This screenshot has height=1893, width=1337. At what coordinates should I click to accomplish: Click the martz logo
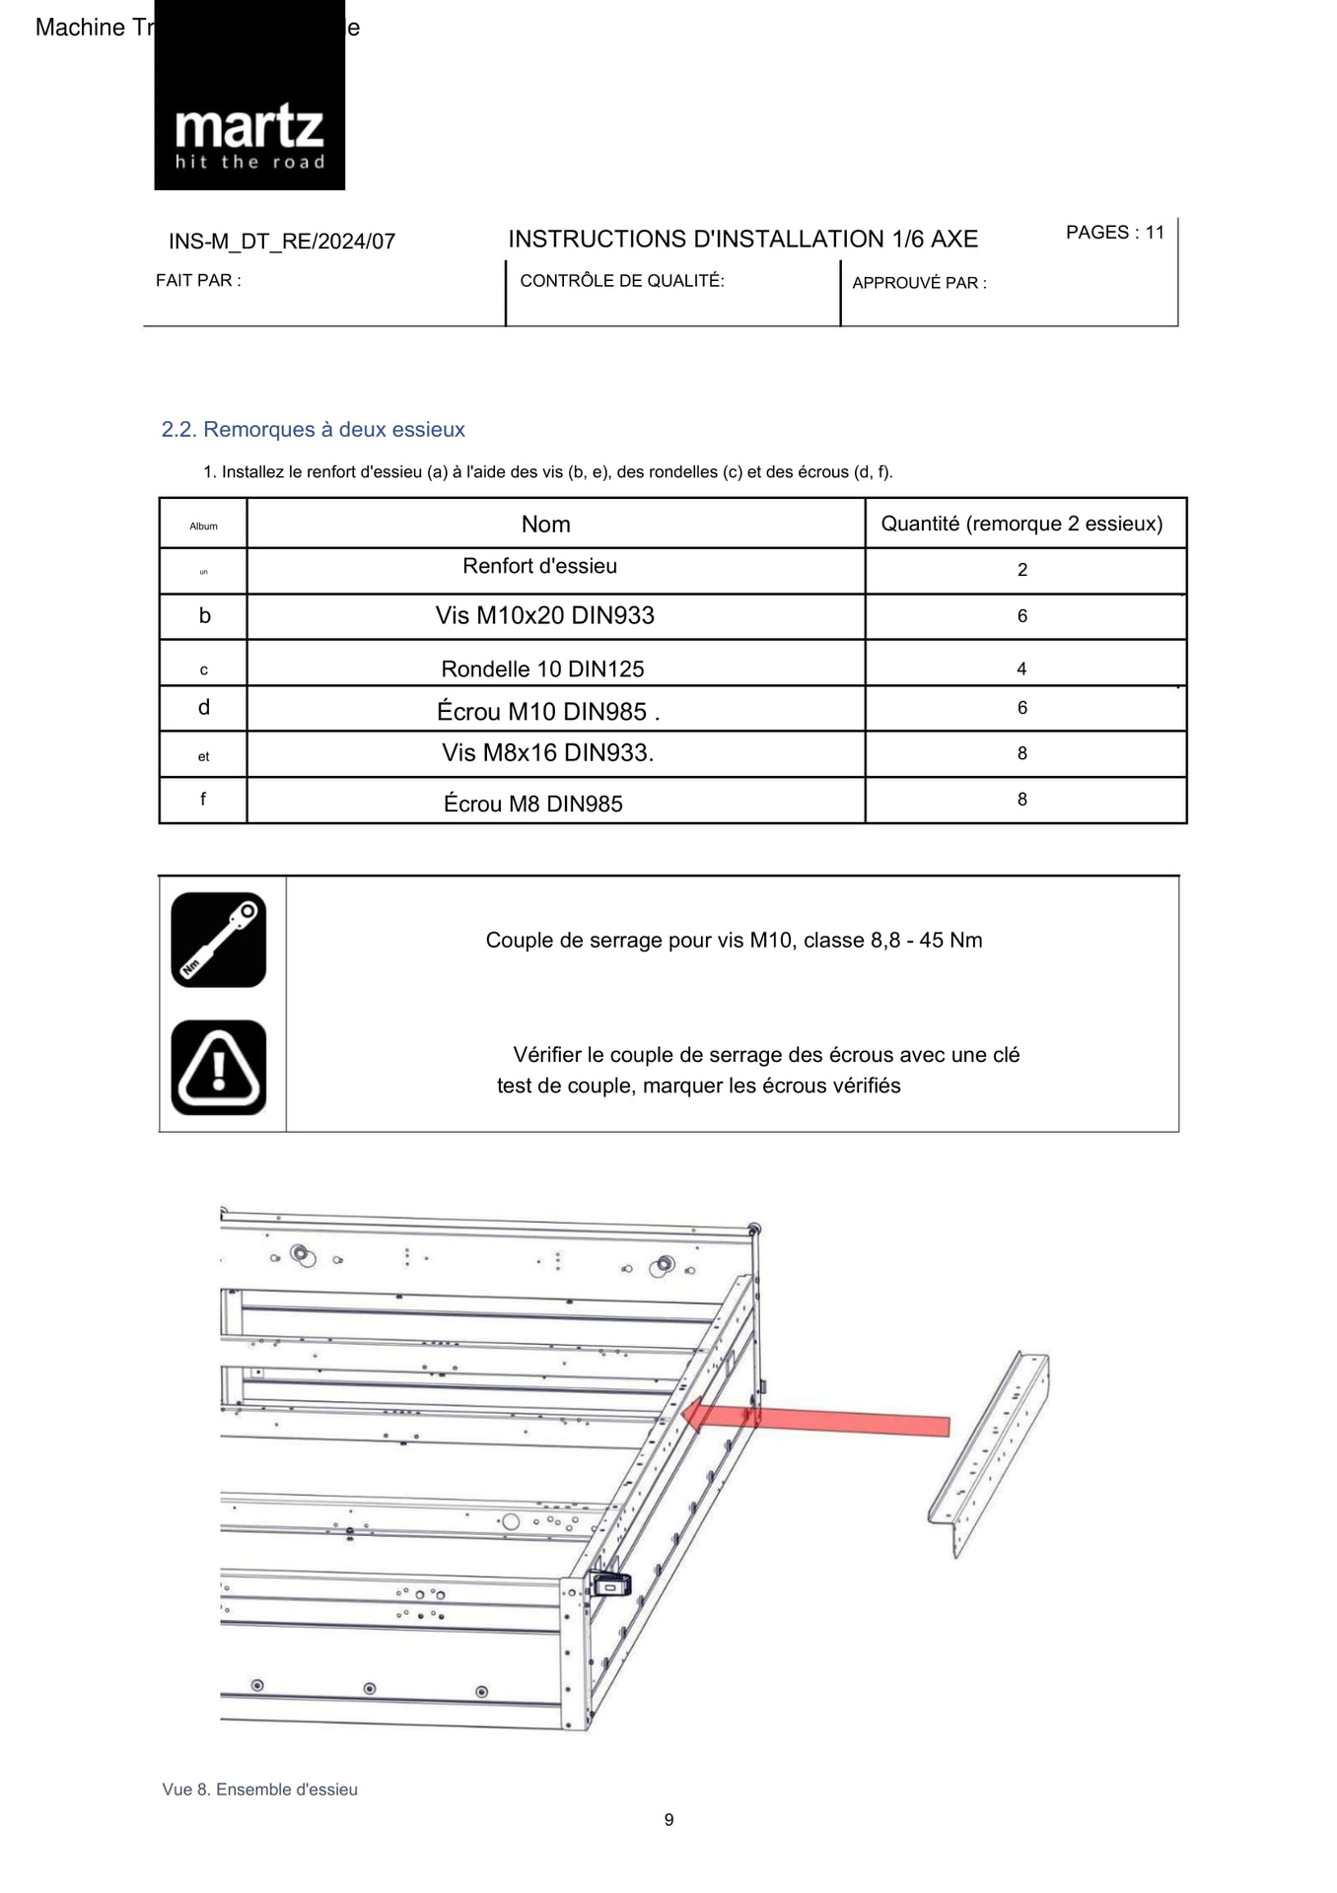[249, 134]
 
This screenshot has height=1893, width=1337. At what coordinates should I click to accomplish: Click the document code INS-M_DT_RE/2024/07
[282, 242]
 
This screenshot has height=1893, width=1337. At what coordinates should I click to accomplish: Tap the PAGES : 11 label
[1114, 233]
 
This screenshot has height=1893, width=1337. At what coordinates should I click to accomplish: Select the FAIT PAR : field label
[198, 281]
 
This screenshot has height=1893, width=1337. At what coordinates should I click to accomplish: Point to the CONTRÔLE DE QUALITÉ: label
[621, 281]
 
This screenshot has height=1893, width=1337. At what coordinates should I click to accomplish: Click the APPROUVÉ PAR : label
[919, 283]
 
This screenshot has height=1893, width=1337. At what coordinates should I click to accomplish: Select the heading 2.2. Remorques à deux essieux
[313, 430]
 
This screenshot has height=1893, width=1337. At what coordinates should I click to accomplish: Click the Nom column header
[545, 525]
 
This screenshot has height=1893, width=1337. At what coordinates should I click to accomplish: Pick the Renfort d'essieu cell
[539, 567]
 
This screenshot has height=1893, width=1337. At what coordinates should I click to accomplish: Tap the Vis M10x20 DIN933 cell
[544, 616]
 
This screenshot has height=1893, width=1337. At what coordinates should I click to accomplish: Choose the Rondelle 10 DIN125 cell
[542, 669]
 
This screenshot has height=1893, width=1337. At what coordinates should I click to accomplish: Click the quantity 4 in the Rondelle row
[1021, 669]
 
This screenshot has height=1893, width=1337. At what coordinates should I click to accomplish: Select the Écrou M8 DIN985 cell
[532, 805]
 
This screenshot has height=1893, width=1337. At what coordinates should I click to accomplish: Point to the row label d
[204, 708]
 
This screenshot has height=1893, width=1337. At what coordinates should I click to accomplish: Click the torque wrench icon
[218, 940]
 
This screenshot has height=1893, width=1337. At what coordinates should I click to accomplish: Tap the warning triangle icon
[218, 1068]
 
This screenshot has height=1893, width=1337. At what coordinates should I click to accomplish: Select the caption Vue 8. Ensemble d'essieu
[259, 1789]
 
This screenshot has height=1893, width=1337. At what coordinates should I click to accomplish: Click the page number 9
[668, 1820]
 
